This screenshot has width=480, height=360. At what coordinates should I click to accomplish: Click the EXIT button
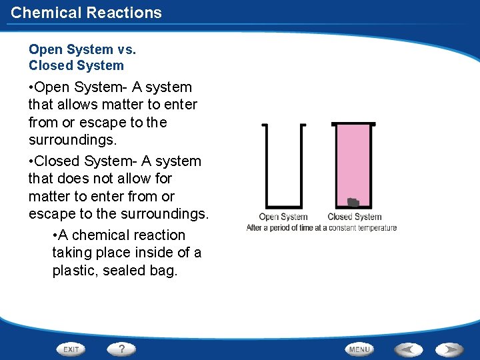click(71, 349)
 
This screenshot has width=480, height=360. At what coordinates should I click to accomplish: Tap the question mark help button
click(121, 349)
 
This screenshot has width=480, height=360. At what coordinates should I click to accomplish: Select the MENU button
click(359, 349)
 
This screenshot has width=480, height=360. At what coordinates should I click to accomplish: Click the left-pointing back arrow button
click(408, 349)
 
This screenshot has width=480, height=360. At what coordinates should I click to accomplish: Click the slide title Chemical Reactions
click(86, 12)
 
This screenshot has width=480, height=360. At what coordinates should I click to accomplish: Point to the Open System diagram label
click(283, 217)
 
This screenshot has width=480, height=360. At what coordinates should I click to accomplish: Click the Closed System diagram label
click(354, 217)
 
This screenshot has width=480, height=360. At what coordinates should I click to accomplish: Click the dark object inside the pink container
click(353, 201)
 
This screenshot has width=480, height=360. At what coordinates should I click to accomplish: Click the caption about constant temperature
click(321, 228)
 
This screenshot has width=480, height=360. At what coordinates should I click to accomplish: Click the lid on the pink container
click(353, 124)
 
